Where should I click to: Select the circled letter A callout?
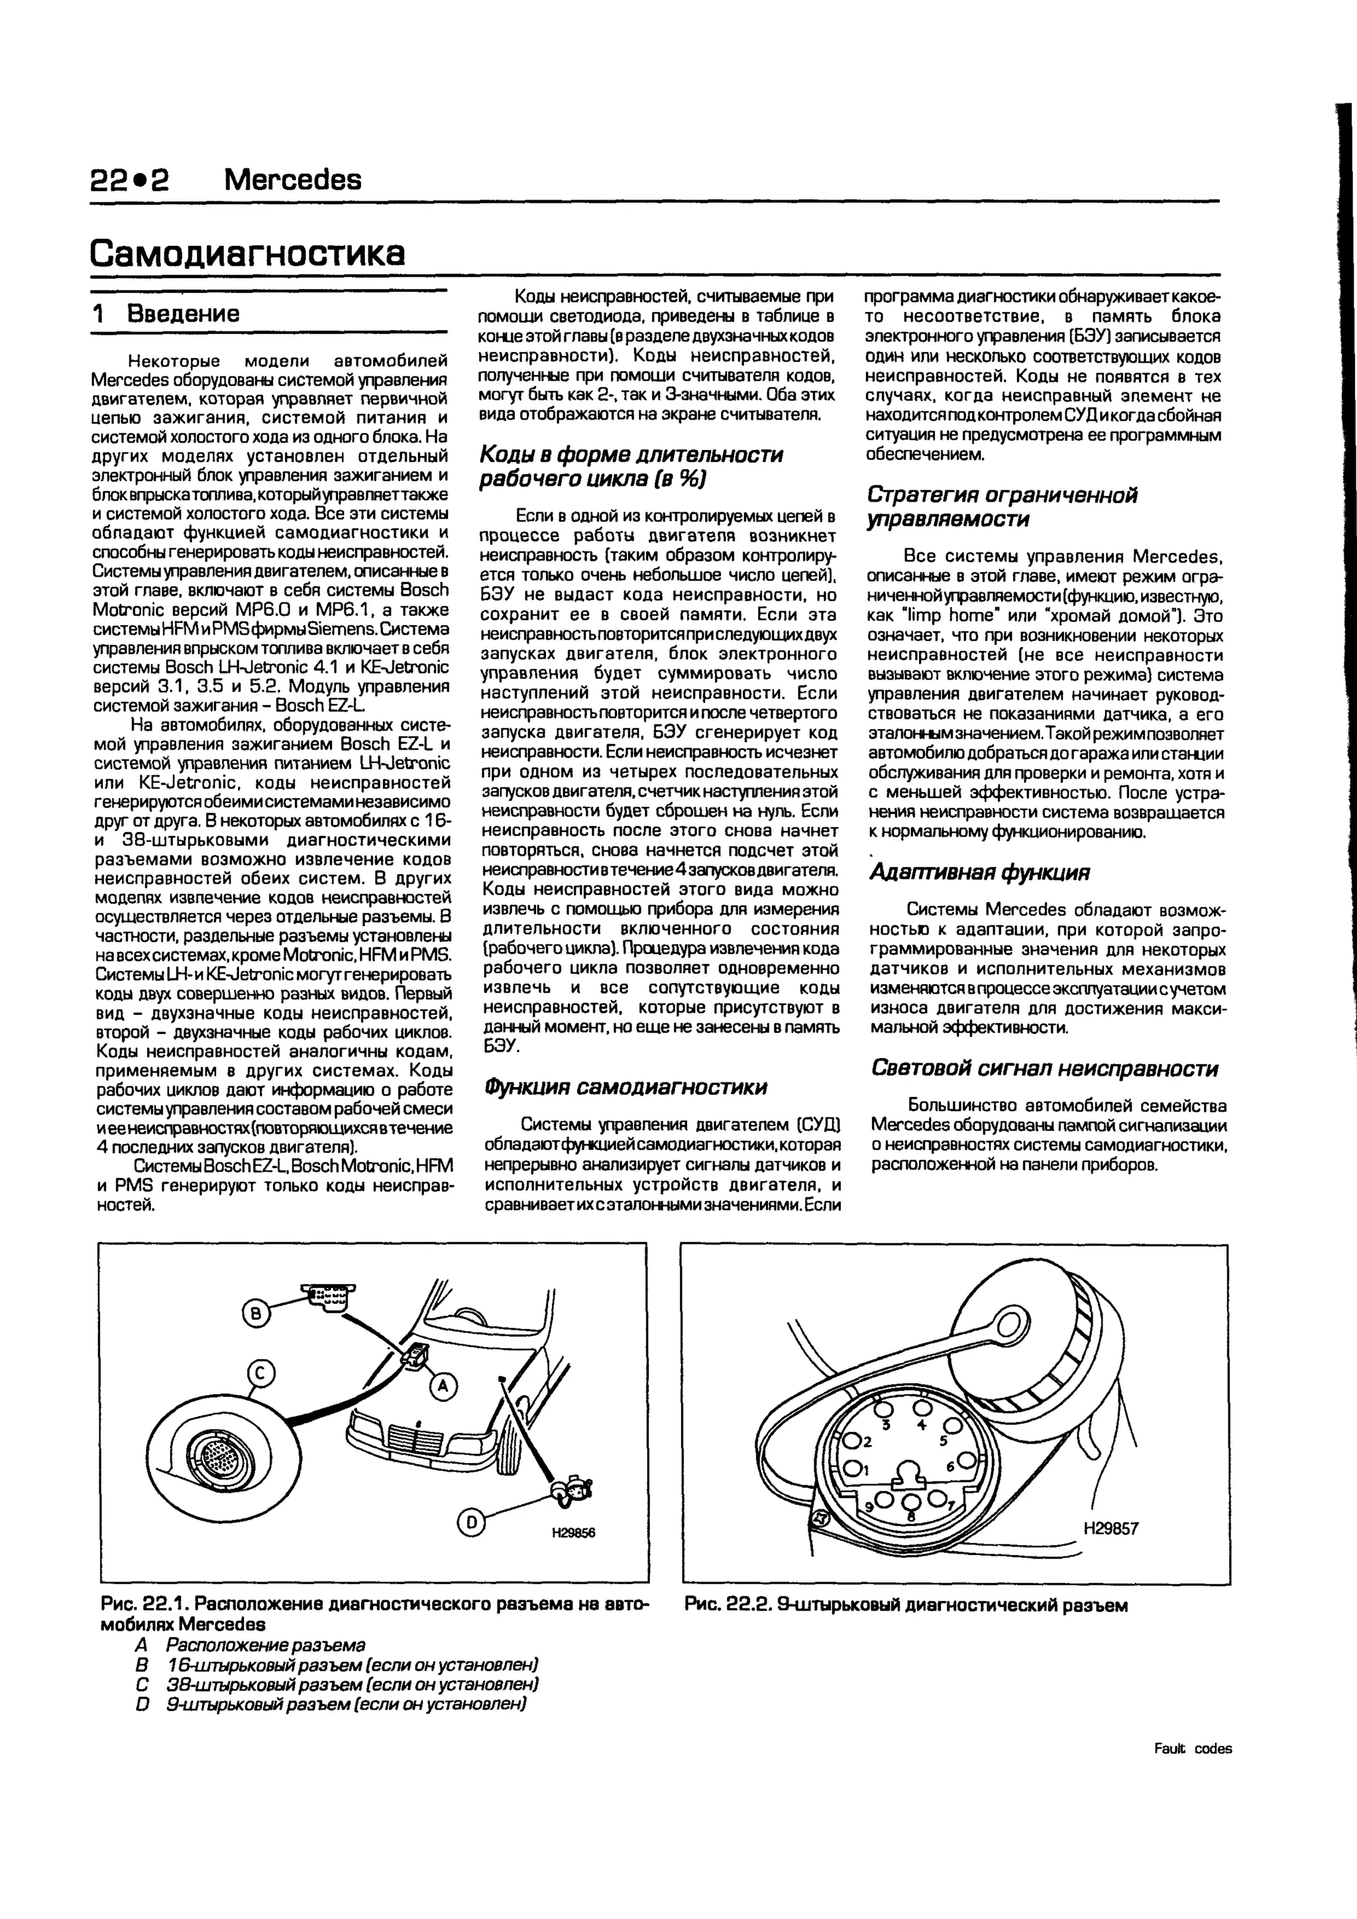pyautogui.click(x=443, y=1387)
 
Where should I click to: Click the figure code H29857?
pyautogui.click(x=1111, y=1528)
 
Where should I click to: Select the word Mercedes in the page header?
pyautogui.click(x=294, y=179)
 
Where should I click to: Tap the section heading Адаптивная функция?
pyautogui.click(x=979, y=872)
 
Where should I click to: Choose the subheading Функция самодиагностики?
pyautogui.click(x=624, y=1086)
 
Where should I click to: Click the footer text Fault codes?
pyautogui.click(x=1193, y=1749)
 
